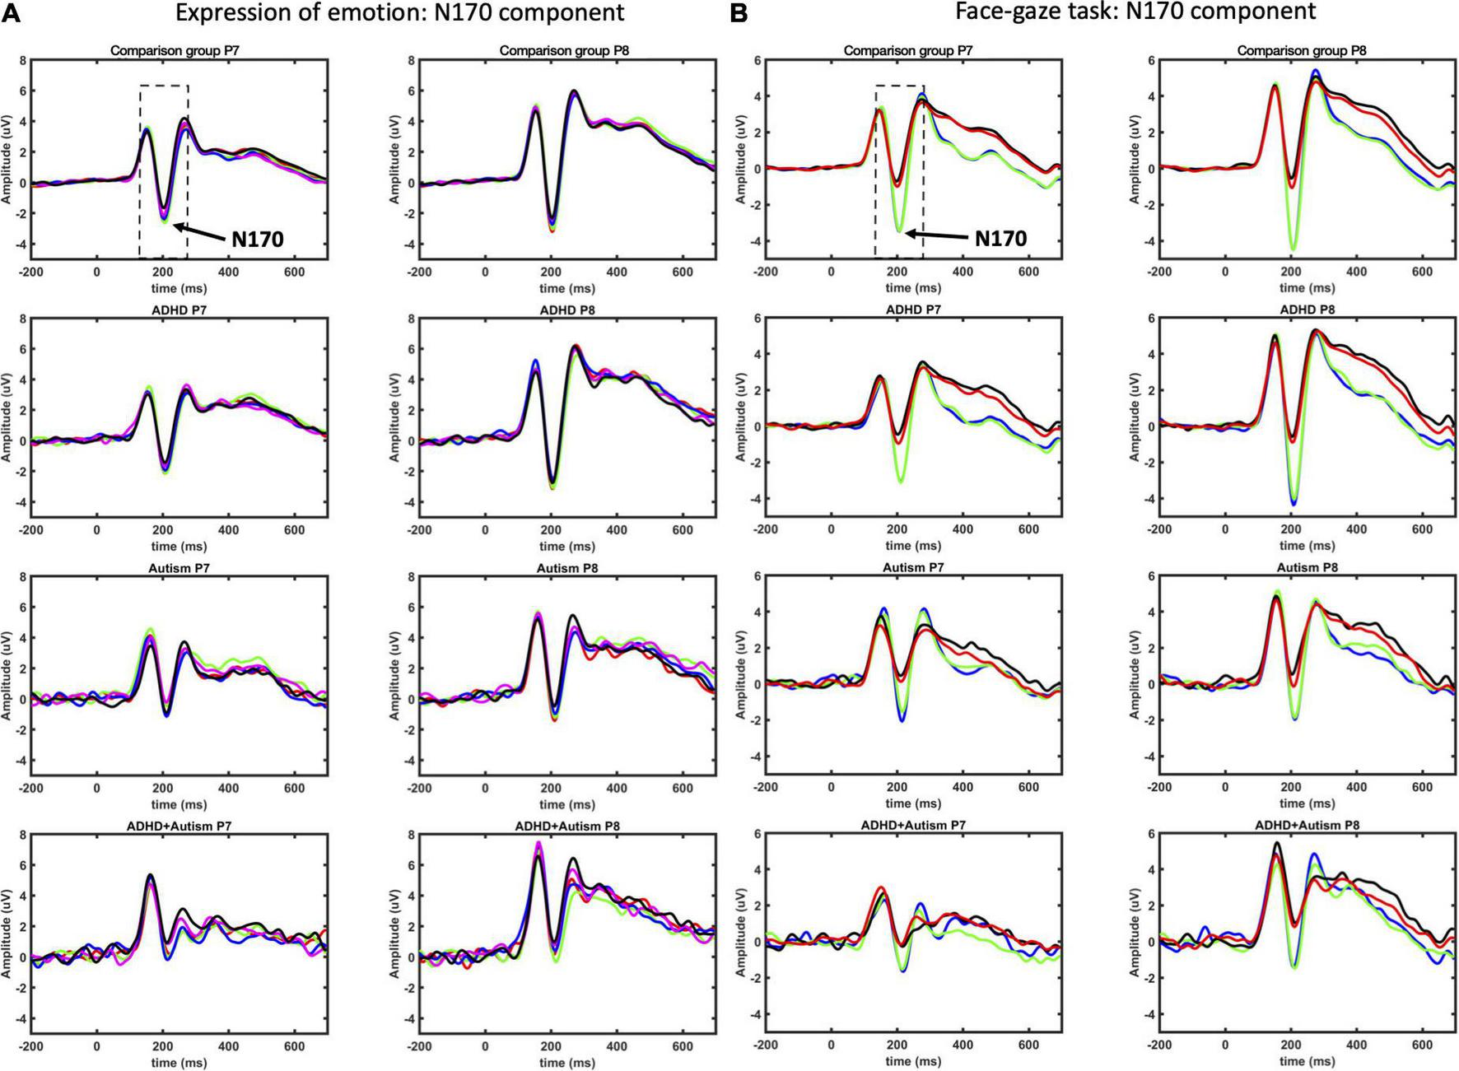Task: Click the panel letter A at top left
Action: tap(11, 14)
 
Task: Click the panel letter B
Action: tap(739, 14)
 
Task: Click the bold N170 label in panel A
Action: tap(257, 240)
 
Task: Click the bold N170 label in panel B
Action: tap(1000, 239)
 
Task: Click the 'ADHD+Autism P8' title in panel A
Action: tap(566, 826)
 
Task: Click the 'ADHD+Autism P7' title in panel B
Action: tap(913, 825)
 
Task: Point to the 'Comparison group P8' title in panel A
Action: tap(564, 51)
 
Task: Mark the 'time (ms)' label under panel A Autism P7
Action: tap(179, 804)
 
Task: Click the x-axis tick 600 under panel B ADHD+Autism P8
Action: tap(1422, 1045)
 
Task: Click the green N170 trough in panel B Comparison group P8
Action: tap(1293, 249)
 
